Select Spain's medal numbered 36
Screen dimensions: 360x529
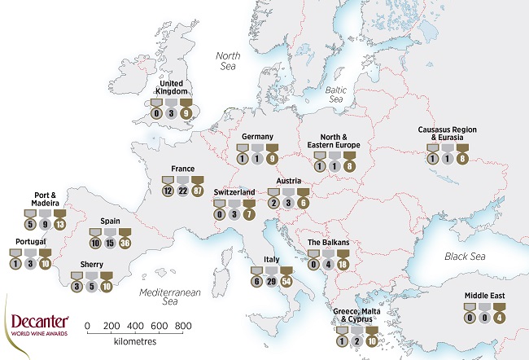[126, 243]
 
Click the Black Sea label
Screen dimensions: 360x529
[465, 257]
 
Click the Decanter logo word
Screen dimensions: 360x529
[38, 322]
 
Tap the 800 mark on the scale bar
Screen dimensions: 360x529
[184, 325]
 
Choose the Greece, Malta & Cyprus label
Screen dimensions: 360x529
[355, 316]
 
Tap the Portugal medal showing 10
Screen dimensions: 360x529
[46, 263]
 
